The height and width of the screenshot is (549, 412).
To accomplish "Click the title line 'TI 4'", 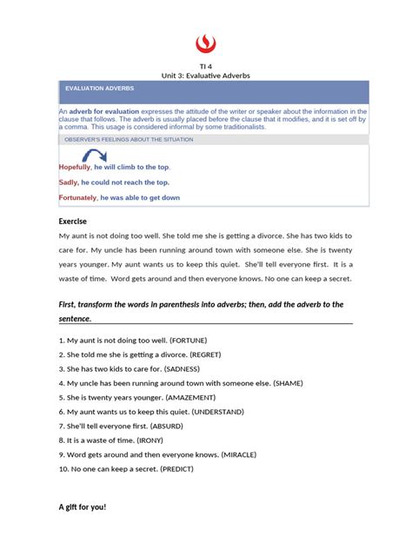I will pyautogui.click(x=206, y=65).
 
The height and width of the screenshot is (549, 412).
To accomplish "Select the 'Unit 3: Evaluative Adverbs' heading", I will pyautogui.click(x=206, y=76).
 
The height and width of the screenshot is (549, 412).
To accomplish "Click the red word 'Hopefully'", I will pyautogui.click(x=75, y=167).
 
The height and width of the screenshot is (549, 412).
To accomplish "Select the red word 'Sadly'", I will pyautogui.click(x=69, y=182).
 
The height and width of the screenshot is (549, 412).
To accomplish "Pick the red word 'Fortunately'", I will pyautogui.click(x=78, y=198).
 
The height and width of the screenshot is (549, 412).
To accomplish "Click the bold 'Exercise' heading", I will pyautogui.click(x=73, y=222).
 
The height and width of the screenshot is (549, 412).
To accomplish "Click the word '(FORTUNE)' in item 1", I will pyautogui.click(x=196, y=341).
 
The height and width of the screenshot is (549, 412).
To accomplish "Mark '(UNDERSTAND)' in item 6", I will pyautogui.click(x=217, y=411).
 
